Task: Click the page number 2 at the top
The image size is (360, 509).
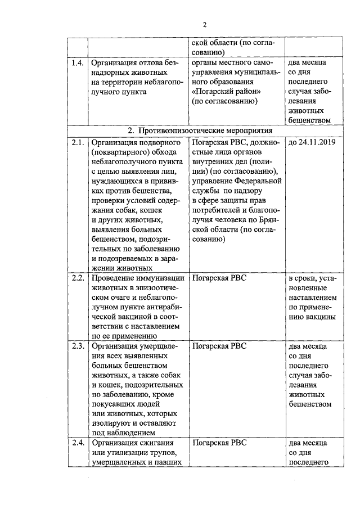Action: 205,24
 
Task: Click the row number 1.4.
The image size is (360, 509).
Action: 78,62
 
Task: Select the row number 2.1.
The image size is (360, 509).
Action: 78,142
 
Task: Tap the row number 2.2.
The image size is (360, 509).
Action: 78,278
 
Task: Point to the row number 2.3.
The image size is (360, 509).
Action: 78,346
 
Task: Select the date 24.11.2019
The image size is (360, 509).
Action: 316,142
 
